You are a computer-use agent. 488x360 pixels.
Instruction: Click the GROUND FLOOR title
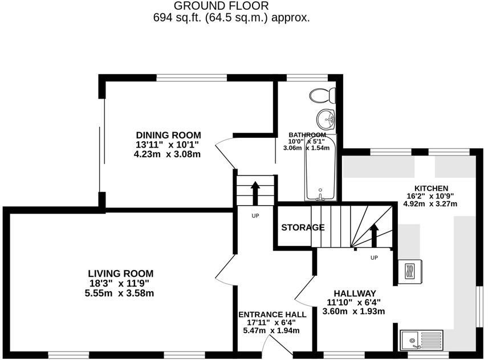pos(221,6)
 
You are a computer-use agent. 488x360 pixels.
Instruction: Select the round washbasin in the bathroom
pos(326,118)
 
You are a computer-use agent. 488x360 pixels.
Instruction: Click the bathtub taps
pos(320,195)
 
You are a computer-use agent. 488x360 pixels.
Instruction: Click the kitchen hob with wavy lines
pos(410,271)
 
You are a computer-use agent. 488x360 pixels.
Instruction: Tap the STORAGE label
pos(303,228)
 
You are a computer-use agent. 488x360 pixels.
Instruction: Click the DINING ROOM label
pos(168,135)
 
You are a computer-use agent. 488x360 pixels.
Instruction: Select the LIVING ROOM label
pos(121,273)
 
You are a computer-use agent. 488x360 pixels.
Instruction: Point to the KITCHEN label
pos(431,189)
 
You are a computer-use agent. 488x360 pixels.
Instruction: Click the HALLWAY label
pos(355,293)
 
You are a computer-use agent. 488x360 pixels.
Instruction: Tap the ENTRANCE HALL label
pos(273,314)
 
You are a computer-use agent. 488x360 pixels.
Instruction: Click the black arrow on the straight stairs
pos(255,193)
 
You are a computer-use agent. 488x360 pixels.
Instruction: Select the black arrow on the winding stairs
pos(374,235)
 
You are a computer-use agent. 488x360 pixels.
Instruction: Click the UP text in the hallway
pos(374,257)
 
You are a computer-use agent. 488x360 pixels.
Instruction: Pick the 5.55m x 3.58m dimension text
pos(120,293)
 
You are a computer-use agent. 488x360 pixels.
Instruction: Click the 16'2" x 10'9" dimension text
pos(430,196)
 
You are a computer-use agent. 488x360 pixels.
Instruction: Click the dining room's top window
pos(192,77)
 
